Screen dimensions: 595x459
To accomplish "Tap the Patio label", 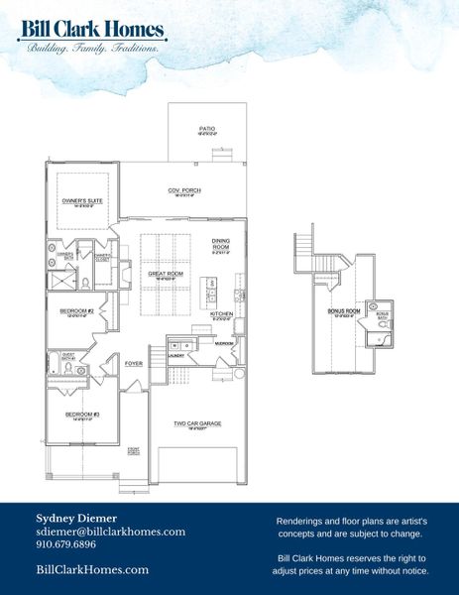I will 207,129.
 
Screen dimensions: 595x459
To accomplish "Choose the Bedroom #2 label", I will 75,312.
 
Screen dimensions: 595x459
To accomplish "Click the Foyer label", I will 133,364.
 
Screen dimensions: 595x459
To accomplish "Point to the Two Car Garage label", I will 196,423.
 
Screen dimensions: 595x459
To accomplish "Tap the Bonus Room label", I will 342,311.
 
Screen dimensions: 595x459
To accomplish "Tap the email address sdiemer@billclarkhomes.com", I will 111,532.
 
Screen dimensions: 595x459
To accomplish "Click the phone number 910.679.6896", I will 66,544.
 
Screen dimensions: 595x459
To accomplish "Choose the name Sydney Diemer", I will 76,518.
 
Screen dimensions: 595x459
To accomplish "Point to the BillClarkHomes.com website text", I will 92,569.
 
